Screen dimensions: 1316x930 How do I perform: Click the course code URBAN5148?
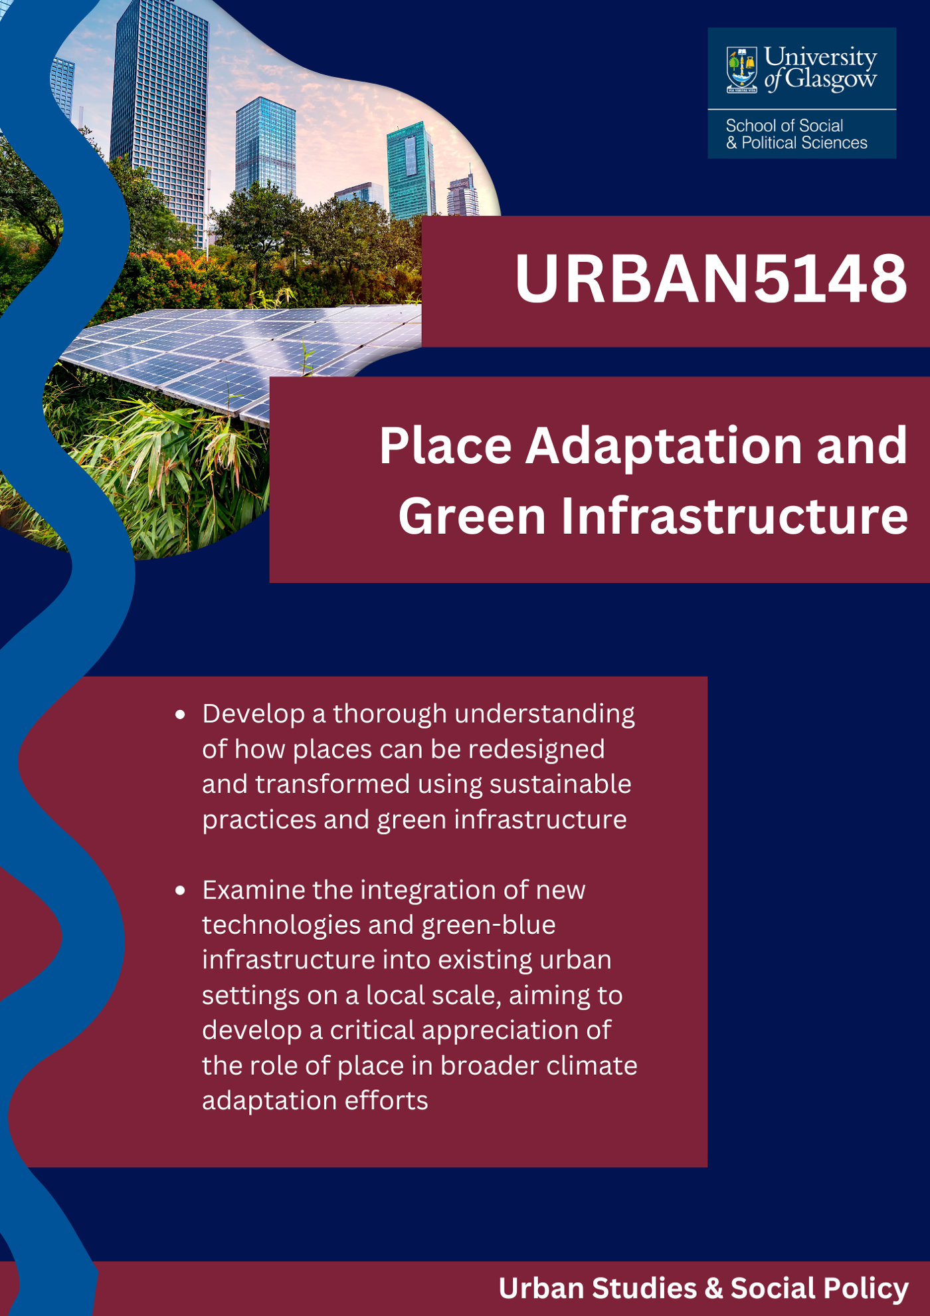click(x=710, y=278)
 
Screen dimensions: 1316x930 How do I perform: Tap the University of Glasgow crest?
click(x=741, y=69)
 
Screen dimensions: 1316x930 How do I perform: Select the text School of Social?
click(x=784, y=126)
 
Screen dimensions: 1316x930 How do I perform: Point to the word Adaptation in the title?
click(x=664, y=447)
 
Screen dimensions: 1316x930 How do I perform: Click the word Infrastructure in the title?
click(x=734, y=516)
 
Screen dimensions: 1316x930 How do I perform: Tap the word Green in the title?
click(x=472, y=516)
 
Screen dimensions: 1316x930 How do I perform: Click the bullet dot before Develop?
click(x=180, y=714)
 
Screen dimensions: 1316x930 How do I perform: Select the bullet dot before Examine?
click(x=180, y=891)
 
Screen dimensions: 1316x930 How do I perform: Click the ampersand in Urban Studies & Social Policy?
click(x=713, y=1288)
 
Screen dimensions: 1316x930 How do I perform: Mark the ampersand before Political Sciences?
click(x=731, y=143)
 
